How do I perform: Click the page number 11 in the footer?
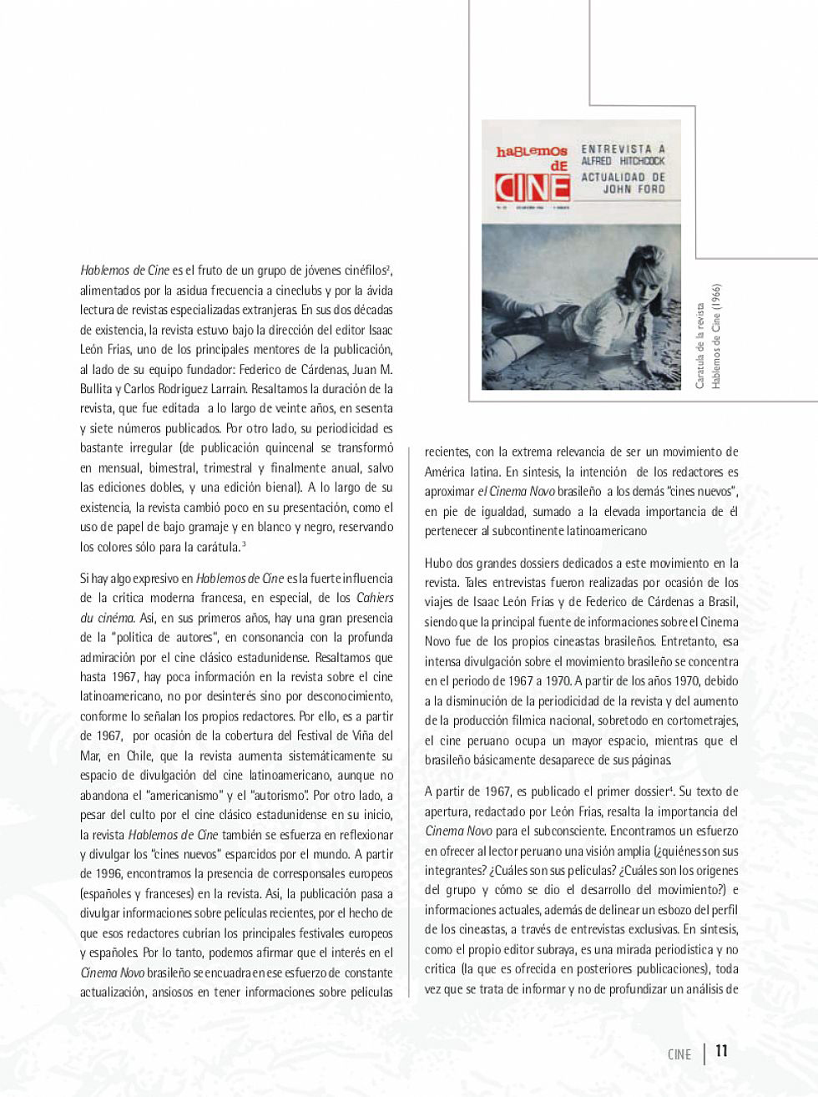[x=721, y=1051]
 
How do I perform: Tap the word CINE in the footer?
[x=680, y=1054]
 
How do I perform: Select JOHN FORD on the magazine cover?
[x=634, y=189]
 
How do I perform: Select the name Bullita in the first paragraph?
[x=99, y=389]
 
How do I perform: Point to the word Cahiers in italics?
[x=375, y=598]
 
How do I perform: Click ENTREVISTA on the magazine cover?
[x=622, y=145]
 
